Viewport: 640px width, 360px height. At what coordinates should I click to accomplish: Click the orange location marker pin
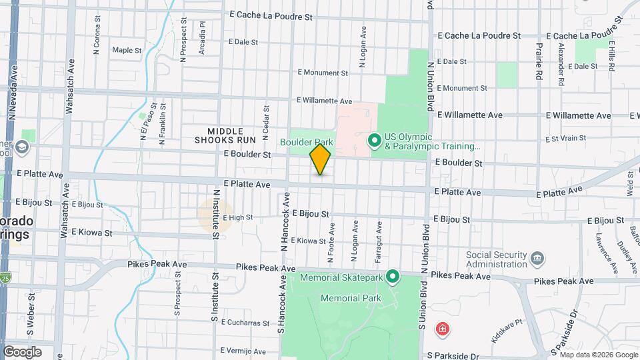pyautogui.click(x=321, y=159)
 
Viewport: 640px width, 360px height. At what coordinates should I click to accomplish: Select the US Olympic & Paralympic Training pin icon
pyautogui.click(x=375, y=140)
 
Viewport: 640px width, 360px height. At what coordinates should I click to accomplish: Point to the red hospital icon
pyautogui.click(x=442, y=329)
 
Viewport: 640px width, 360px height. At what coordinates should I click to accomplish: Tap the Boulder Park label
pyautogui.click(x=306, y=142)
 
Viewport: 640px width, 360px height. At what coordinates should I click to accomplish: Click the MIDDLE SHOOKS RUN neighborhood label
pyautogui.click(x=225, y=136)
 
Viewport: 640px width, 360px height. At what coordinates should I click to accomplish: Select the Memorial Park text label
pyautogui.click(x=351, y=298)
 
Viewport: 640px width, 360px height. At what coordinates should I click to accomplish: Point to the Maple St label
pyautogui.click(x=127, y=50)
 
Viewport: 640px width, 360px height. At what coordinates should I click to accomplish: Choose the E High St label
pyautogui.click(x=238, y=217)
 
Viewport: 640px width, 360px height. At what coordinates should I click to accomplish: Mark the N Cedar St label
pyautogui.click(x=267, y=123)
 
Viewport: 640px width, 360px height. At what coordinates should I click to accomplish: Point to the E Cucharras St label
pyautogui.click(x=245, y=323)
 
